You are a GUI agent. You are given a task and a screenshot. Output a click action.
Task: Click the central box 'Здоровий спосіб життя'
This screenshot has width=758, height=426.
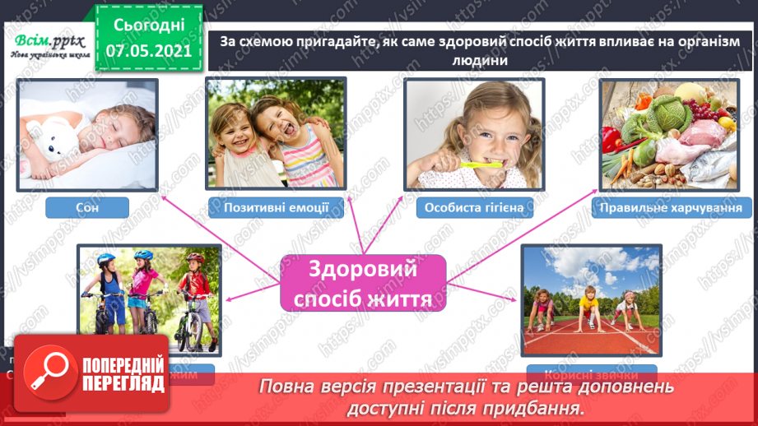pos(363,283)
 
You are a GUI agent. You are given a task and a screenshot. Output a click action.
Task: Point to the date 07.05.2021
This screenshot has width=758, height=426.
pos(148,50)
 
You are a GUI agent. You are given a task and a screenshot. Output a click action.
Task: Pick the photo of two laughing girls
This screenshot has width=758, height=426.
pos(277,136)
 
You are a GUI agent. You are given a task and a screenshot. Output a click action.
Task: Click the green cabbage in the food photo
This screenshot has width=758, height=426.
pos(640,127)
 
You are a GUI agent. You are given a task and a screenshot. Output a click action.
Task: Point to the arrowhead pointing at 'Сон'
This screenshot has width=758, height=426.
pos(164,197)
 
